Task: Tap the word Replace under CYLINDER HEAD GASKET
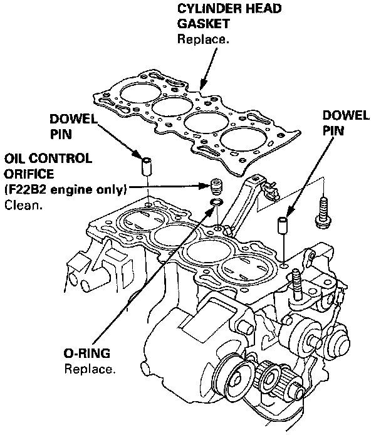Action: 203,39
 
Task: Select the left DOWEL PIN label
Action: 73,126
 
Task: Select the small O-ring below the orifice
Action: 217,203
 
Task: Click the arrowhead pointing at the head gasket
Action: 202,84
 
